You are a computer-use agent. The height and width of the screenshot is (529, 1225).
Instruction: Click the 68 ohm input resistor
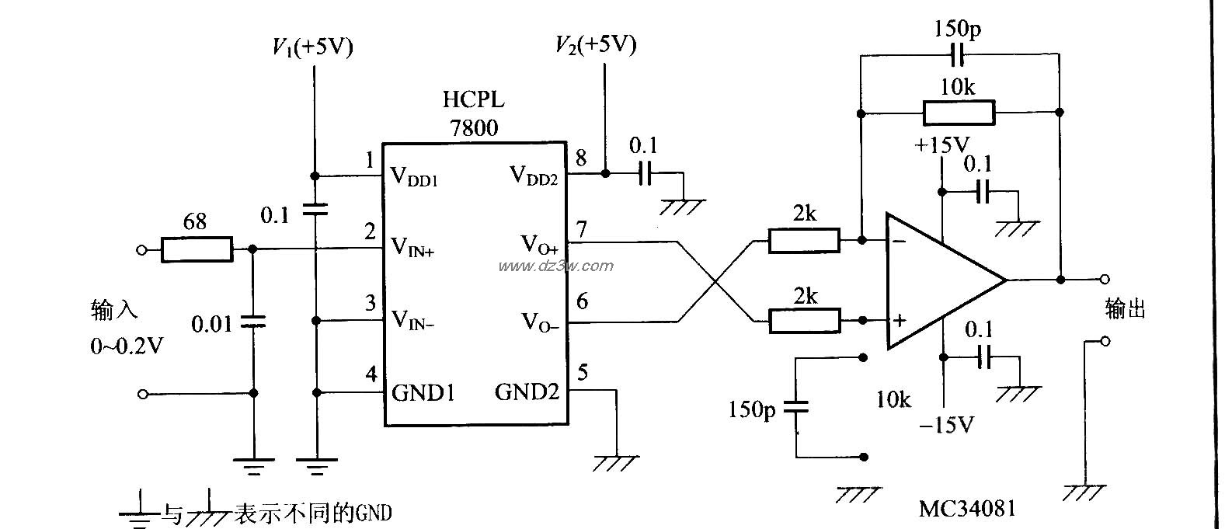click(197, 249)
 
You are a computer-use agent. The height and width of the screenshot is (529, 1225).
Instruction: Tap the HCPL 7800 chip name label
click(473, 113)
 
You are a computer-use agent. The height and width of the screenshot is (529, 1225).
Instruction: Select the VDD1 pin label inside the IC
click(414, 177)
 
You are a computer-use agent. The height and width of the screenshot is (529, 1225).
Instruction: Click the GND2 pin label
click(527, 392)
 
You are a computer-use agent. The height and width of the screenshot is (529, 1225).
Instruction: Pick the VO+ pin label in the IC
click(539, 245)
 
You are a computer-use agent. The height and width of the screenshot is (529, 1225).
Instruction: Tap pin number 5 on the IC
click(583, 373)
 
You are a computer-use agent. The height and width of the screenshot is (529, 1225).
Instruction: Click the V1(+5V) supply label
click(312, 48)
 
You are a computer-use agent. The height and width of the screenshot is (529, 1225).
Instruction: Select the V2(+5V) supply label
click(596, 44)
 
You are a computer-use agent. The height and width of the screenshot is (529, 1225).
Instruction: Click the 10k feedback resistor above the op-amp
click(959, 113)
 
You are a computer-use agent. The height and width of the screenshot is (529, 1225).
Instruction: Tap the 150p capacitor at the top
click(957, 55)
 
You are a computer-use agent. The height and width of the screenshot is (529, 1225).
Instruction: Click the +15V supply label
click(941, 145)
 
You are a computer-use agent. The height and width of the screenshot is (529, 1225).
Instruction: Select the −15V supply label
click(946, 425)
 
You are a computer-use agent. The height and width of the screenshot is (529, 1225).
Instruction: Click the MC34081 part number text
click(967, 509)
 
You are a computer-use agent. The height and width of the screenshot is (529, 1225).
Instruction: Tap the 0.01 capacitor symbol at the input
click(253, 321)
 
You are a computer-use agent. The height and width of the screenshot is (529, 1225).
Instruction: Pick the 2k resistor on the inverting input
click(804, 241)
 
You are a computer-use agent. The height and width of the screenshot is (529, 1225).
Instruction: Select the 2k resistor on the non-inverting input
click(804, 320)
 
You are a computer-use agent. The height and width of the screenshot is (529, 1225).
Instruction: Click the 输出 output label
click(1126, 309)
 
